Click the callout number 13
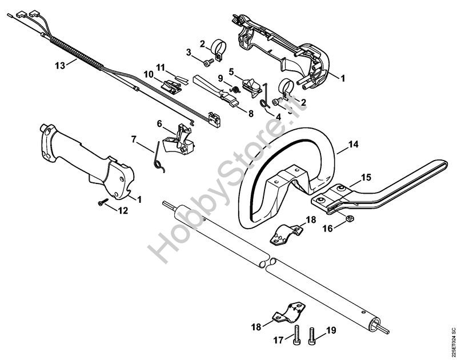pyautogui.click(x=60, y=66)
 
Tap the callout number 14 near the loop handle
pyautogui.click(x=354, y=144)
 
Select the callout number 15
pyautogui.click(x=366, y=177)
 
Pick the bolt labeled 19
pyautogui.click(x=312, y=336)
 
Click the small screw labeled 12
pyautogui.click(x=103, y=202)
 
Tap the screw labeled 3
pyautogui.click(x=209, y=62)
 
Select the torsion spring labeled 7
pyautogui.click(x=159, y=157)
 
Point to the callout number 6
pyautogui.click(x=159, y=123)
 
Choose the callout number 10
pyautogui.click(x=149, y=74)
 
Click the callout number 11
pyautogui.click(x=160, y=67)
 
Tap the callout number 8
pyautogui.click(x=251, y=113)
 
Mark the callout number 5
pyautogui.click(x=231, y=71)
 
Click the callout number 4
pyautogui.click(x=278, y=117)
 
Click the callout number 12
pyautogui.click(x=123, y=210)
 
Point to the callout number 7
pyautogui.click(x=134, y=139)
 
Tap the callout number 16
pyautogui.click(x=328, y=228)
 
